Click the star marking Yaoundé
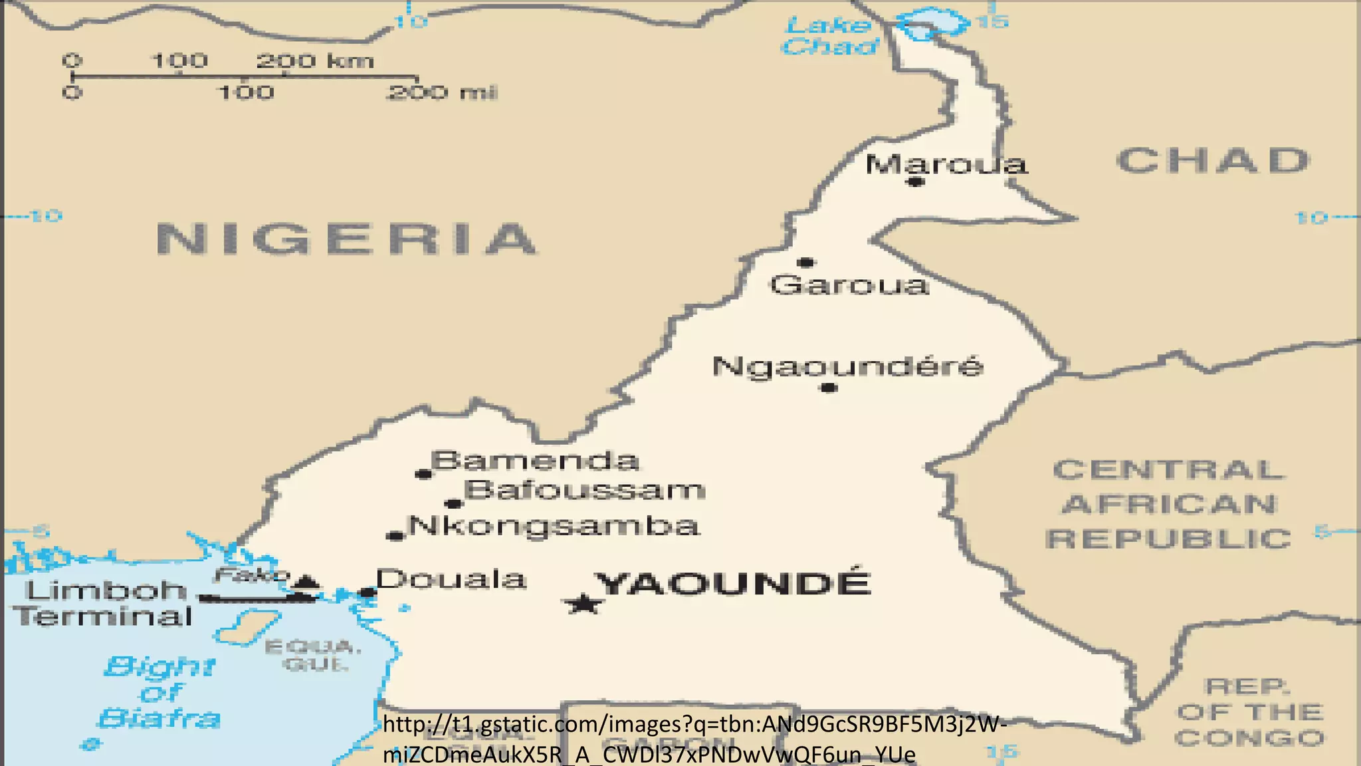583,604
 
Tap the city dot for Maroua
916,182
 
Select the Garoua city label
849,285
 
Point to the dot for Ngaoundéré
828,388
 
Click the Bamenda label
535,461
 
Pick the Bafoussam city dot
453,503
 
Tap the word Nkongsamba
554,526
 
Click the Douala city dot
367,592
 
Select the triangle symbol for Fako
306,583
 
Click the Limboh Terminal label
103,603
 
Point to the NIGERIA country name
346,239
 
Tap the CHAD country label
1213,161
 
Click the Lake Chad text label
829,36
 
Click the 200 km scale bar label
314,61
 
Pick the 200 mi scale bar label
441,92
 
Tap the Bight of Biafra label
159,692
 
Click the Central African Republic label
1168,504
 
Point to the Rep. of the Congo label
1249,712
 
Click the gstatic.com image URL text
694,739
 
